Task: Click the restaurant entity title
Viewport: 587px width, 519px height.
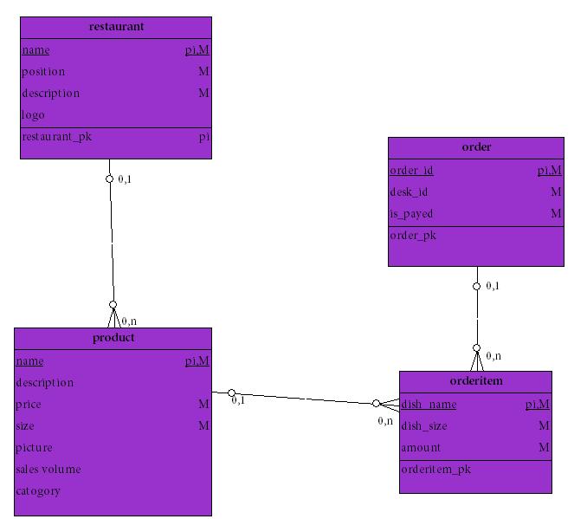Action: pyautogui.click(x=116, y=27)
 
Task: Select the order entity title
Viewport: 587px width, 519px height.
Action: pyautogui.click(x=476, y=147)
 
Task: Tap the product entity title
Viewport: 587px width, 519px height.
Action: pyautogui.click(x=113, y=338)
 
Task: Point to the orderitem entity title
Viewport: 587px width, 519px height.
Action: pyautogui.click(x=476, y=381)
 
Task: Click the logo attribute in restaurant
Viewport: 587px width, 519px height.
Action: pyautogui.click(x=33, y=115)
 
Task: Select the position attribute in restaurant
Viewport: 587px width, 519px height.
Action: pyautogui.click(x=43, y=72)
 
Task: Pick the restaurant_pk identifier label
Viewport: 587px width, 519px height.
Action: pyautogui.click(x=56, y=137)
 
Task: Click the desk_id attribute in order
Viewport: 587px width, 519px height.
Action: pyautogui.click(x=409, y=192)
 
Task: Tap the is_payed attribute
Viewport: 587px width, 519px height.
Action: pyautogui.click(x=411, y=214)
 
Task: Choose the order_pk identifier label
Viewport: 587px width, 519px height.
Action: pyautogui.click(x=413, y=236)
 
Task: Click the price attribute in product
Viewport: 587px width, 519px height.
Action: pyautogui.click(x=29, y=405)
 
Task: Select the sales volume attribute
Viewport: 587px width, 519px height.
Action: pyautogui.click(x=48, y=470)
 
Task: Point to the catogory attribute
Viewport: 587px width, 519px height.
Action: pyautogui.click(x=38, y=491)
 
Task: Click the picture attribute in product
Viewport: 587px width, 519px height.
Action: pyautogui.click(x=34, y=448)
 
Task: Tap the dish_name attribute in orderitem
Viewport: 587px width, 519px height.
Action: pyautogui.click(x=429, y=405)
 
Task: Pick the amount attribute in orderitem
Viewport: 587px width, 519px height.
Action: pyautogui.click(x=421, y=448)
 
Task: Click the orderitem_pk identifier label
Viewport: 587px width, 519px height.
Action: pyautogui.click(x=435, y=470)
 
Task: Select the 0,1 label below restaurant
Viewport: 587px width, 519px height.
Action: pyautogui.click(x=125, y=179)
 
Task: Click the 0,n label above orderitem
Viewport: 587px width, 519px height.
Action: pyautogui.click(x=493, y=356)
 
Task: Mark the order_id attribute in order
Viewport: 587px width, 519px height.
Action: pyautogui.click(x=411, y=171)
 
